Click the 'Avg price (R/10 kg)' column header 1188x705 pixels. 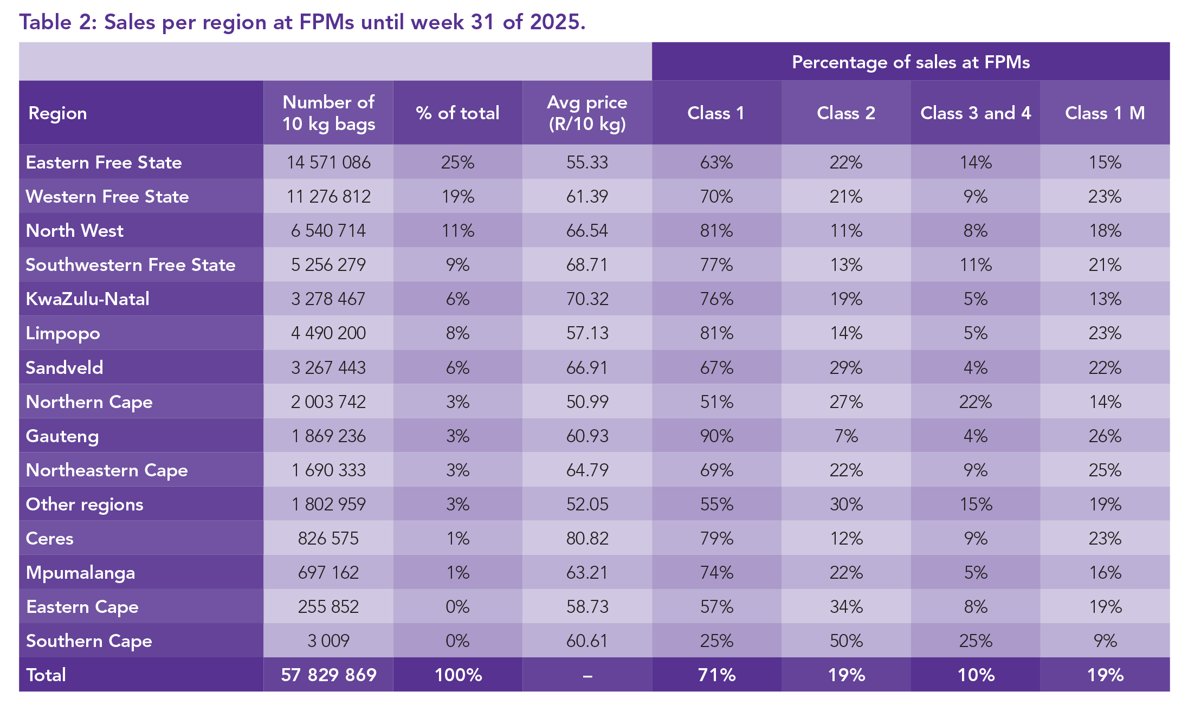(x=587, y=113)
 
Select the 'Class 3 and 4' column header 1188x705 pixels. (x=975, y=113)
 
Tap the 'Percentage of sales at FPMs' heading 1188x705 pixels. (x=911, y=62)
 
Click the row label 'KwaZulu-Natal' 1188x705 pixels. (x=88, y=299)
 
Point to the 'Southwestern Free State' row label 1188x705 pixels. (x=131, y=264)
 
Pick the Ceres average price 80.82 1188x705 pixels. (x=587, y=538)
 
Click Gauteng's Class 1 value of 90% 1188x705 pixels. (x=716, y=436)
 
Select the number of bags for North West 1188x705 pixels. (x=328, y=230)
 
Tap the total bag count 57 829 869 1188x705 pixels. (x=328, y=675)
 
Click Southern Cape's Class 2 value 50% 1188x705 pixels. (x=846, y=641)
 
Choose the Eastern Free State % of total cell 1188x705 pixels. (x=457, y=162)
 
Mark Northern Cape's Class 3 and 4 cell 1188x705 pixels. (x=975, y=402)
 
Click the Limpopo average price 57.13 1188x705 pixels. (x=587, y=333)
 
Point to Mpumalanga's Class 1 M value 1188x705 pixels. (x=1105, y=572)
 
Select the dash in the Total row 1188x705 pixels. (x=587, y=675)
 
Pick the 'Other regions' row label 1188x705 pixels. (x=85, y=504)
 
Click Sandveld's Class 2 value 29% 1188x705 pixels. (x=846, y=367)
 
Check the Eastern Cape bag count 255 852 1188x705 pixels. (x=328, y=606)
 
